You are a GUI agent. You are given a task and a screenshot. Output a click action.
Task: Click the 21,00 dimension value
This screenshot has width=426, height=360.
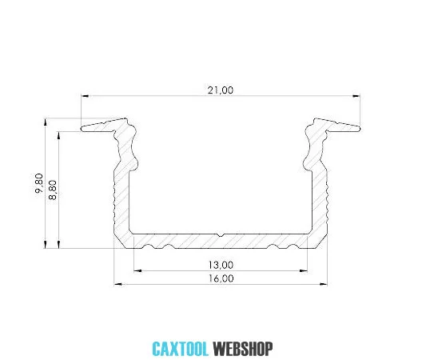221,90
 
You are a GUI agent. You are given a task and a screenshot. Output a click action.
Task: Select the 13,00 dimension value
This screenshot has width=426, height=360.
221,265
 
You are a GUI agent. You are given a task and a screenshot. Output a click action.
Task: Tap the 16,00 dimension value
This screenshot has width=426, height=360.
221,278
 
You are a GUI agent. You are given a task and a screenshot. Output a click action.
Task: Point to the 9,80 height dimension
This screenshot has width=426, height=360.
39,183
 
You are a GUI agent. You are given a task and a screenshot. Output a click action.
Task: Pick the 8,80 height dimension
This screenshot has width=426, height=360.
53,190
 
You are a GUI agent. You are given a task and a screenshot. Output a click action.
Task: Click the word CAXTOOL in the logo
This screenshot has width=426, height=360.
180,349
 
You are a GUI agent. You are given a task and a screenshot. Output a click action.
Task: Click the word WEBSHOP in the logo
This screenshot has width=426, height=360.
243,349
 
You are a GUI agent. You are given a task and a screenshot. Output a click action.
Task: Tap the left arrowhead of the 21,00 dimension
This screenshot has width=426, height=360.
85,96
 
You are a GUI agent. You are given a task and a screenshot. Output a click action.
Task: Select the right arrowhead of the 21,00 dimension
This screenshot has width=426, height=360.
356,96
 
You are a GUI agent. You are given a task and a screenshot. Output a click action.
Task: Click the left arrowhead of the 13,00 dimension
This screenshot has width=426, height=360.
137,270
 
